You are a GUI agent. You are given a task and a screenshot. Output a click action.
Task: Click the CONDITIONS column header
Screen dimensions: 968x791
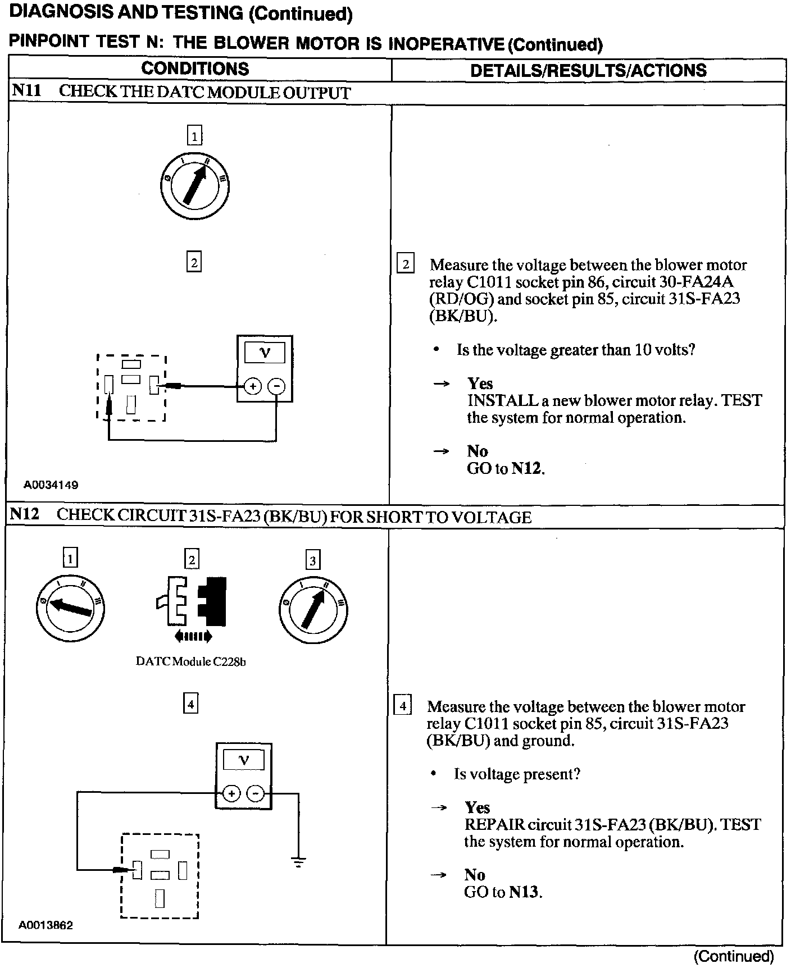coord(195,69)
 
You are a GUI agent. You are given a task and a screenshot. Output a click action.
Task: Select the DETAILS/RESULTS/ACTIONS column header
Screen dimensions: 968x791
coord(588,70)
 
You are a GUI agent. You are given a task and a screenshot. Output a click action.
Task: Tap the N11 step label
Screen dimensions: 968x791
coord(26,91)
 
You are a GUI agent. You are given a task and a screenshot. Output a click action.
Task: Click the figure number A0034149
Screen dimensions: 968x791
coord(51,485)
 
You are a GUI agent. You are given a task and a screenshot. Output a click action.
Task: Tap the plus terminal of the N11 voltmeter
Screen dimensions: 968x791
coord(253,386)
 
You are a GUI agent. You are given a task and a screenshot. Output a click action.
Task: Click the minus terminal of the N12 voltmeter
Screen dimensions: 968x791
coord(256,793)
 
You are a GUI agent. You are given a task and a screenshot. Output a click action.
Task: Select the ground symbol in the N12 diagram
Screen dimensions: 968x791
coord(298,862)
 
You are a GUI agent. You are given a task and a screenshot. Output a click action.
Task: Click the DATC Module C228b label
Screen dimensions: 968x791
coord(191,661)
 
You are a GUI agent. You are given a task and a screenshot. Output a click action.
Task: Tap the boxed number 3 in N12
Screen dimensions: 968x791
coord(313,560)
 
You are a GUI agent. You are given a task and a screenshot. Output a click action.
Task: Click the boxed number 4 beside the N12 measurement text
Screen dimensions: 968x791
coord(403,705)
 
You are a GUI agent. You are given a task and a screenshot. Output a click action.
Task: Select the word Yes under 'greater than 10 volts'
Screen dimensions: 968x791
coord(480,383)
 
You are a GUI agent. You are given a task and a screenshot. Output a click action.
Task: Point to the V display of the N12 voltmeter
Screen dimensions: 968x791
coord(244,761)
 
